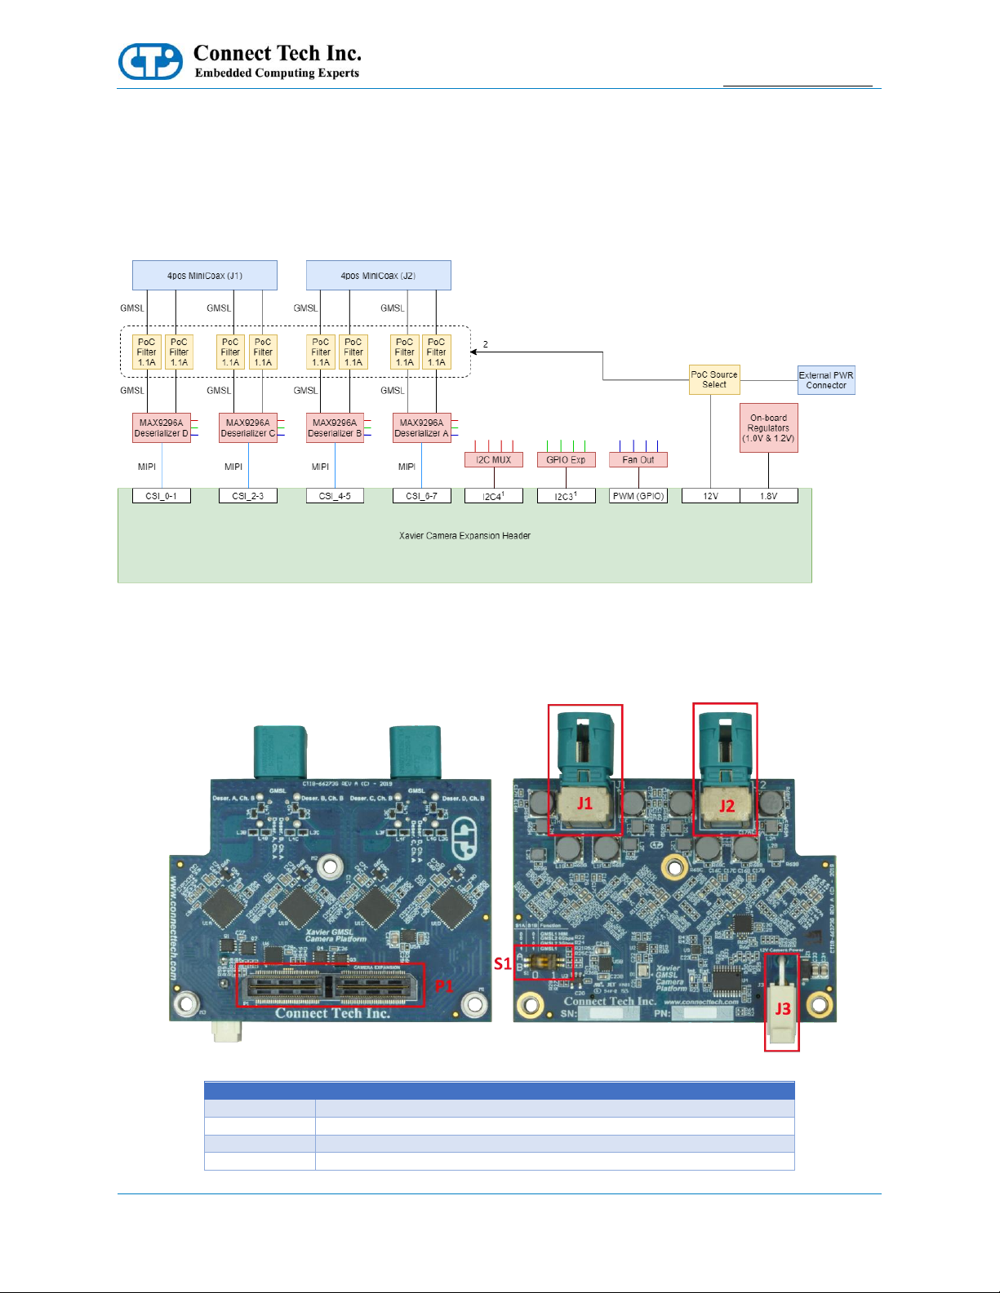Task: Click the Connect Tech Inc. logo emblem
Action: pyautogui.click(x=150, y=61)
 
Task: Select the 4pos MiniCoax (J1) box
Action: pyautogui.click(x=204, y=276)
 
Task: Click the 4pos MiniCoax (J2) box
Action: pyautogui.click(x=378, y=276)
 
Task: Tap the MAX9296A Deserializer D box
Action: pyautogui.click(x=162, y=428)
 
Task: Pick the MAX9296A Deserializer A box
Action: pyautogui.click(x=421, y=428)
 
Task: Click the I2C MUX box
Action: pyautogui.click(x=493, y=460)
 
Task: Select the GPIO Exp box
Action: pyautogui.click(x=566, y=460)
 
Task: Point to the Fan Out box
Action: pyautogui.click(x=638, y=460)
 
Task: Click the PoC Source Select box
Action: pyautogui.click(x=714, y=379)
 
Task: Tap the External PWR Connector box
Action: pyautogui.click(x=826, y=380)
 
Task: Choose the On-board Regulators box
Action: pyautogui.click(x=768, y=428)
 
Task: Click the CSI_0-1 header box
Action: pyautogui.click(x=162, y=496)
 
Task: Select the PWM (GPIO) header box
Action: pyautogui.click(x=638, y=496)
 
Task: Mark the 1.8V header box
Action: pyautogui.click(x=768, y=496)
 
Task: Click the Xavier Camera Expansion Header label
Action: pyautogui.click(x=464, y=536)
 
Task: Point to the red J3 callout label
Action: pyautogui.click(x=782, y=1009)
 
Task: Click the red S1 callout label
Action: pyautogui.click(x=502, y=963)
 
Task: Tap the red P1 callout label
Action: pyautogui.click(x=443, y=986)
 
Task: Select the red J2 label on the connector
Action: pyautogui.click(x=727, y=806)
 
